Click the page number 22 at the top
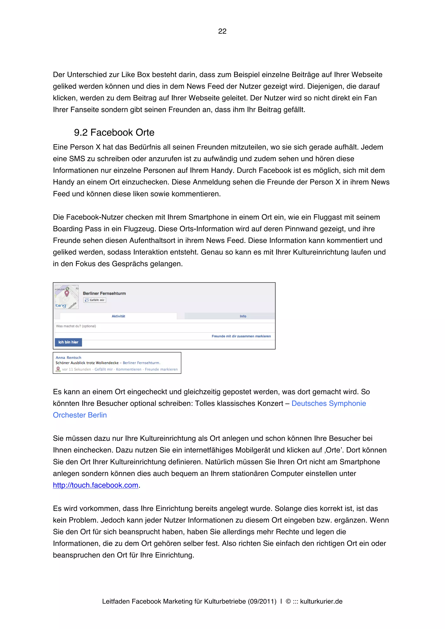[x=222, y=31]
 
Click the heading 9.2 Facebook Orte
[x=114, y=133]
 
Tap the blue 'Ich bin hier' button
[x=68, y=342]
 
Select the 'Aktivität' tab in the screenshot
[x=118, y=316]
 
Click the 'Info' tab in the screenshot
[x=243, y=316]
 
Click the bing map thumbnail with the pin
[x=67, y=297]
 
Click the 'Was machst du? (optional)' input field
[x=164, y=326]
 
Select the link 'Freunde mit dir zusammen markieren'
[x=241, y=336]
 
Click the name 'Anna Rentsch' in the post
[x=68, y=357]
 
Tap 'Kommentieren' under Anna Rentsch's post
[x=129, y=369]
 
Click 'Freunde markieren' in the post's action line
[x=161, y=369]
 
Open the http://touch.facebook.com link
[x=95, y=485]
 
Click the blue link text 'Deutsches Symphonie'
[x=329, y=403]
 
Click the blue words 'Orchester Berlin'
[x=80, y=415]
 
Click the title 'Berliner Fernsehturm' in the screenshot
[x=104, y=293]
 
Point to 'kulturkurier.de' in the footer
[x=321, y=601]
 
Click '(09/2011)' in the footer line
[x=262, y=601]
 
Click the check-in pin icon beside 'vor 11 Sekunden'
[x=58, y=369]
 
